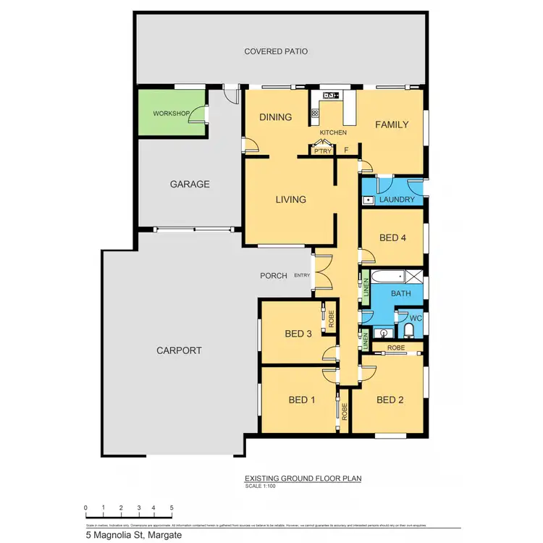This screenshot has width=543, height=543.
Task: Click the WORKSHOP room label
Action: coord(171,114)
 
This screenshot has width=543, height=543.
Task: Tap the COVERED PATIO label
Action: coord(276,51)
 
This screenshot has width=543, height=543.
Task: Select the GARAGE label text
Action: coord(190,184)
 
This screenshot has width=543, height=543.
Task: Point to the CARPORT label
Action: coord(179,350)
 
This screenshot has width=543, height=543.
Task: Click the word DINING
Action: coord(275,117)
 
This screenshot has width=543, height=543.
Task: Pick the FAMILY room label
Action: coord(392,125)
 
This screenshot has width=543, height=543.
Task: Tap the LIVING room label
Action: coord(290,199)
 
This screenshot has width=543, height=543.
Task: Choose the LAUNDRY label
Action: coord(396,200)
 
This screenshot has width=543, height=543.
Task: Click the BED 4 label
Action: coord(392,238)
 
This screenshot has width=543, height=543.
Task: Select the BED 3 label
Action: coord(298,334)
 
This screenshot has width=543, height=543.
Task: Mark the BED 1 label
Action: coord(302,400)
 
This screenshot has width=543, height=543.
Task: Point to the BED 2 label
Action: coord(390,400)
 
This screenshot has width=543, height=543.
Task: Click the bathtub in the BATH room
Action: coord(387,277)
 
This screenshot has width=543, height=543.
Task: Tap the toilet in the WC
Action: coord(409,330)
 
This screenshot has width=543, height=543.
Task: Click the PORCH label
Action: coord(275,276)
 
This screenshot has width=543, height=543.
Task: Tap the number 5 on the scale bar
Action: coord(171,508)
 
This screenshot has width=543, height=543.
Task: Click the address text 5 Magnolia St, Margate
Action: coord(133,536)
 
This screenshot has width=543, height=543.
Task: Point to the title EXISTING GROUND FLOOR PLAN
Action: coord(303,479)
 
